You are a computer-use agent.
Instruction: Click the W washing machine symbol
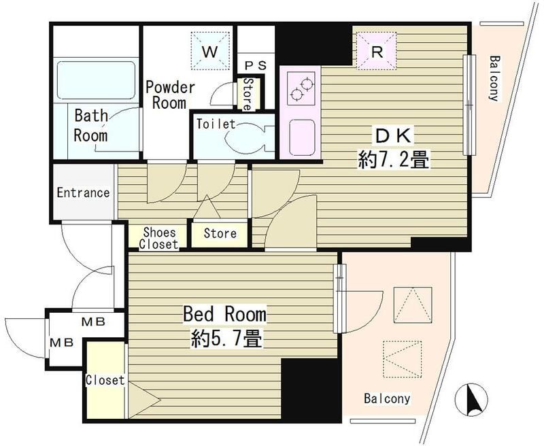pos(210,51)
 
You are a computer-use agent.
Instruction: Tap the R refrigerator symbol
pos(377,51)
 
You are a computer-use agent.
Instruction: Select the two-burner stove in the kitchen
pos(301,88)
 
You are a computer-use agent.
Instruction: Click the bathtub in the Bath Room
pos(96,80)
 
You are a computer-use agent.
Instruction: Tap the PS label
pos(256,65)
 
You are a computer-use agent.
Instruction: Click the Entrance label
pos(83,192)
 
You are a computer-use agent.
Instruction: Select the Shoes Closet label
pos(158,238)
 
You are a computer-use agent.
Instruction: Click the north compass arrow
pos(471,400)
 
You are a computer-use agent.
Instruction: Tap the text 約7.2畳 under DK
pos(394,160)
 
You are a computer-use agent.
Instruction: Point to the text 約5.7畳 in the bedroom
pos(226,339)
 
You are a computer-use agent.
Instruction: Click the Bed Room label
pos(224,313)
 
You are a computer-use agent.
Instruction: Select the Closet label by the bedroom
pos(105,380)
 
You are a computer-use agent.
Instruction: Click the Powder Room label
pos(170,95)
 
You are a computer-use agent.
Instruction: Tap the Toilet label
pos(216,124)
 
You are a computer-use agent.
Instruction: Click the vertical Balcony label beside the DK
pos(494,78)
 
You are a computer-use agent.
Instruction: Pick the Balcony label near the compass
pos(387,398)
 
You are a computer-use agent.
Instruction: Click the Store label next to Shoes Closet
pos(220,233)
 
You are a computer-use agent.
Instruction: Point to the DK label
pos(393,136)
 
